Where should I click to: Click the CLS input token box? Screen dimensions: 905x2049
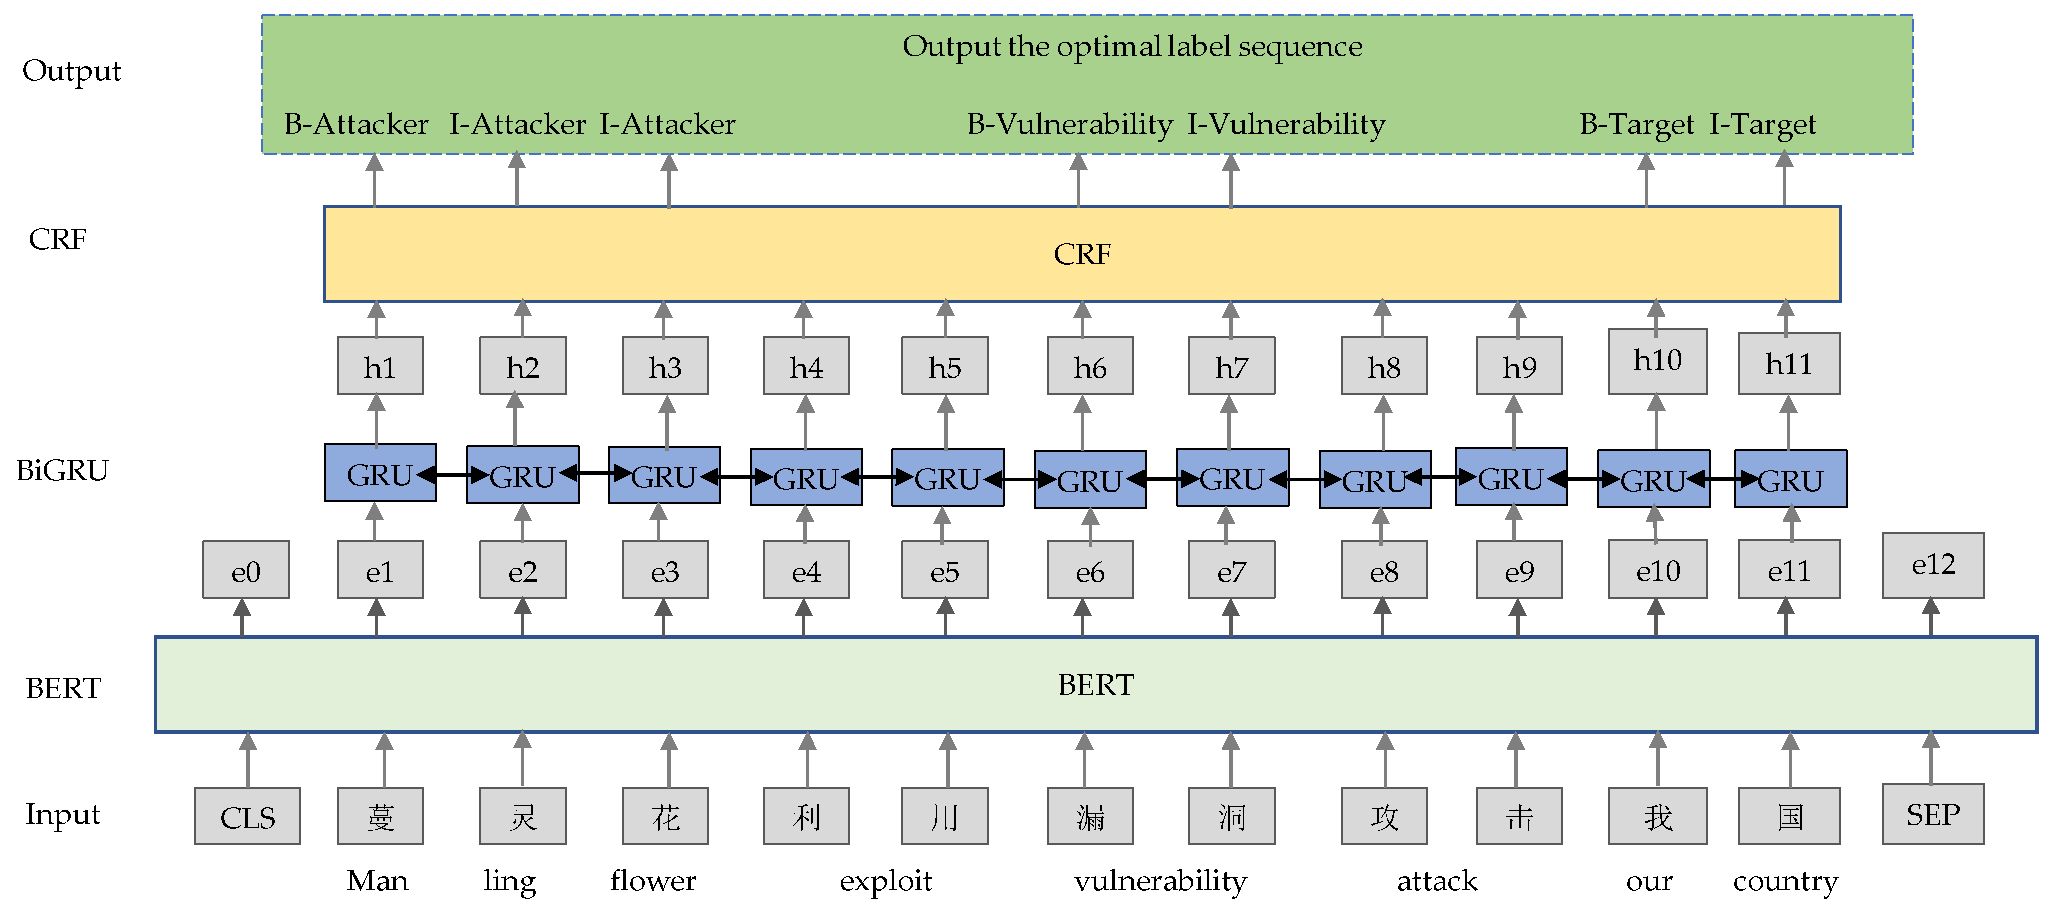(x=247, y=816)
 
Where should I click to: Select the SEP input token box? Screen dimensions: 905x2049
(x=1933, y=815)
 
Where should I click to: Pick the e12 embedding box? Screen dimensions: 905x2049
(x=1933, y=565)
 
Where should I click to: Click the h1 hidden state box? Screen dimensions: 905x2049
(x=380, y=366)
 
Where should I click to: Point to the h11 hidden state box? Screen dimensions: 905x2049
(x=1789, y=363)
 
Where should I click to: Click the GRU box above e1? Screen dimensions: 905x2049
(x=380, y=473)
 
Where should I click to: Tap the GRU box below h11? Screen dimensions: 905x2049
(x=1790, y=479)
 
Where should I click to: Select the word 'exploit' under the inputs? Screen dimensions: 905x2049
(x=885, y=881)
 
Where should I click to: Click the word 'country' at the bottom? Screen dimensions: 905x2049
(x=1785, y=881)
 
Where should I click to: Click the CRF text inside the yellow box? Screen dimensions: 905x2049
(x=1082, y=254)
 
